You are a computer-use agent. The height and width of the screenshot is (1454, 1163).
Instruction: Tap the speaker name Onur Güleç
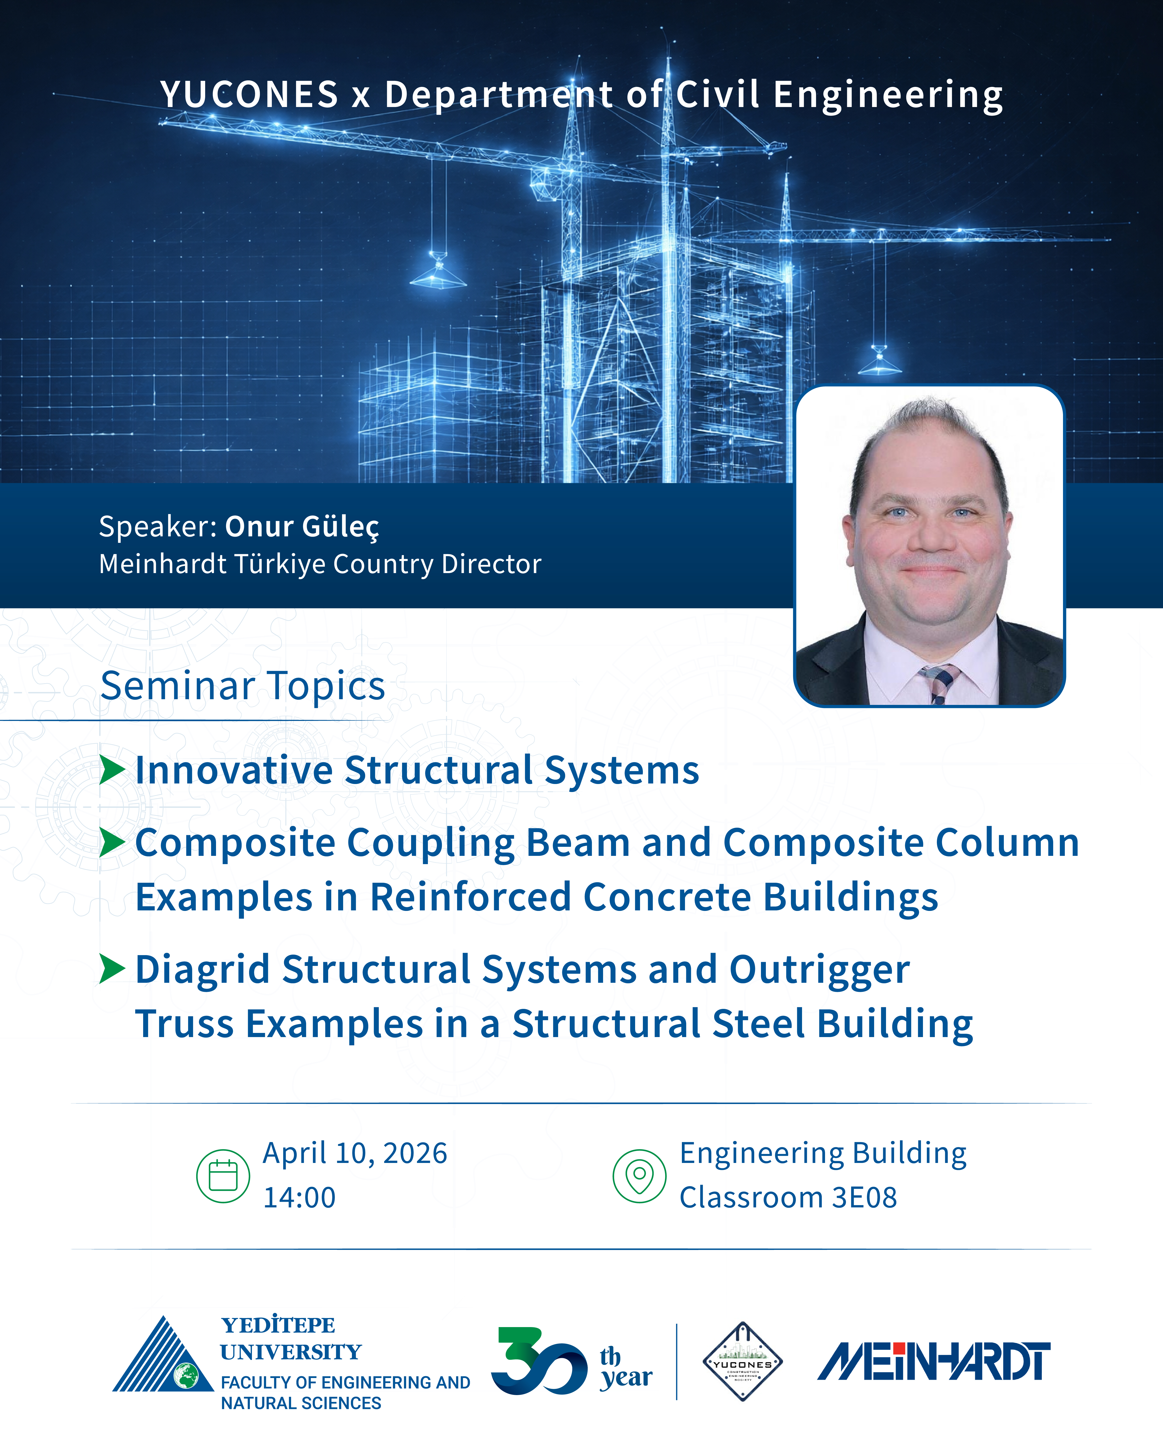(302, 527)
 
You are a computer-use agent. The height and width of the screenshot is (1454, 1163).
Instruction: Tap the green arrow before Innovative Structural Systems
(112, 770)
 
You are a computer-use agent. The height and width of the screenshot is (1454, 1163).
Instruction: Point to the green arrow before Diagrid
(112, 969)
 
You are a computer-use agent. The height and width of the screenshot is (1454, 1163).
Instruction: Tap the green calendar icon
(223, 1176)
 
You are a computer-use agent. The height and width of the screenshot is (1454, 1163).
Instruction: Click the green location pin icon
(639, 1176)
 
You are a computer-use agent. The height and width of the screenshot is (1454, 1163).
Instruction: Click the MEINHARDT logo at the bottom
(934, 1361)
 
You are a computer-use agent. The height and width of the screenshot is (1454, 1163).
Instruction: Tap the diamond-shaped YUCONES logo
(742, 1361)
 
